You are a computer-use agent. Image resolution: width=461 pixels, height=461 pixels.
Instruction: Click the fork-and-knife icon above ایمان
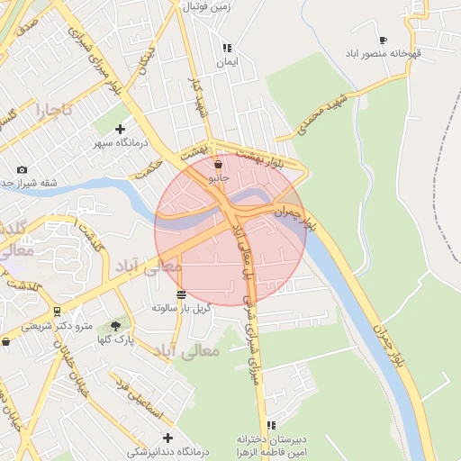[x=227, y=49]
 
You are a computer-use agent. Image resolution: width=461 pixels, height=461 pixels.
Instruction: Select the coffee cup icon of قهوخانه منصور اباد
[x=383, y=40]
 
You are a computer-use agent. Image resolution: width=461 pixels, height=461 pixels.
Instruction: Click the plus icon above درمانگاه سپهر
[x=120, y=129]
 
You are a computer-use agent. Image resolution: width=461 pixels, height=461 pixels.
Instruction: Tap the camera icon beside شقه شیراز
[x=23, y=169]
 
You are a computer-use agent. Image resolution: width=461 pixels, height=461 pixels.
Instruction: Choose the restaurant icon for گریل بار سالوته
[x=182, y=294]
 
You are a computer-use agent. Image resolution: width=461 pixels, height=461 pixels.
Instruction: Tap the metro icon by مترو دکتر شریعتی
[x=58, y=312]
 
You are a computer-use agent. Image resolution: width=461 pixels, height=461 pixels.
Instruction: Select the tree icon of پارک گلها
[x=115, y=326]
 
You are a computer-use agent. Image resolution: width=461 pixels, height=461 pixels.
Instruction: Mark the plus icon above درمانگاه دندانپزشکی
[x=167, y=438]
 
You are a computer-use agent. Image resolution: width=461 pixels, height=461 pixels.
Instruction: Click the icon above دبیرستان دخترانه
[x=271, y=425]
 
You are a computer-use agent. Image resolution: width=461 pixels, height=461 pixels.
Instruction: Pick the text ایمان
[x=227, y=63]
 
